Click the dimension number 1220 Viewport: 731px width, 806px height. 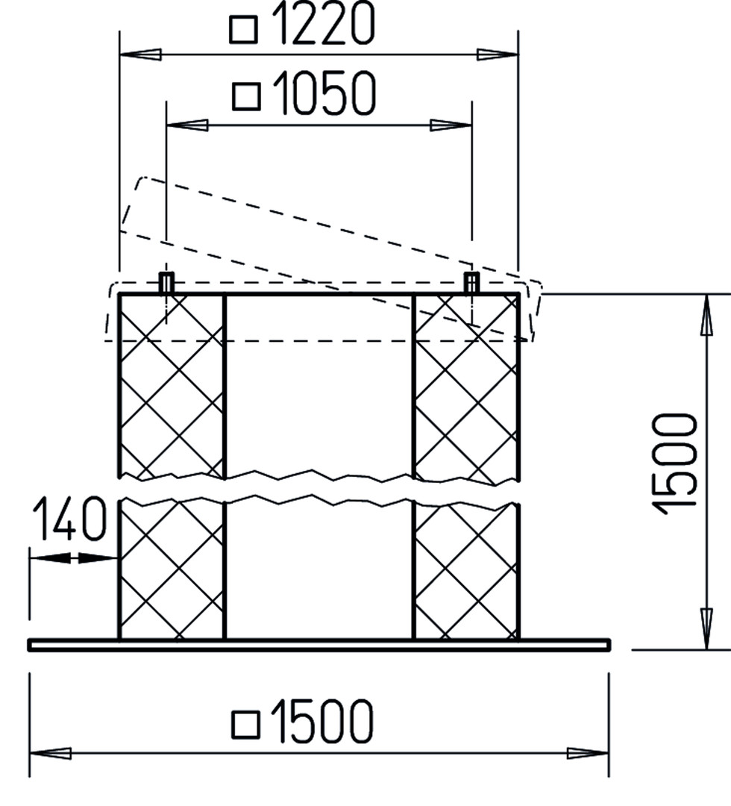(x=322, y=22)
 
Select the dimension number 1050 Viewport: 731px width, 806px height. (x=324, y=93)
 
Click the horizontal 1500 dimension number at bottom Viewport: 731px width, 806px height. (x=321, y=721)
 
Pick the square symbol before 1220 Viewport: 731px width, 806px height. (x=243, y=30)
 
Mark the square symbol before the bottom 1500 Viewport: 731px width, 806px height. (x=245, y=725)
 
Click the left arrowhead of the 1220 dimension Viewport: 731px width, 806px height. (x=140, y=54)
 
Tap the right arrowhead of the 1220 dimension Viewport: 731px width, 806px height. (x=498, y=54)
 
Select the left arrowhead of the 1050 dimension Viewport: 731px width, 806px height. (x=187, y=125)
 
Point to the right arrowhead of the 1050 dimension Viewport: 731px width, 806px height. (x=451, y=125)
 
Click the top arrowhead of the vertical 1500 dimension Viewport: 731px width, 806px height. (x=707, y=315)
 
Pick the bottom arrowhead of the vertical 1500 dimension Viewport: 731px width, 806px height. (x=707, y=628)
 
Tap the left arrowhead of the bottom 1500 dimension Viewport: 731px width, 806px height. (x=50, y=754)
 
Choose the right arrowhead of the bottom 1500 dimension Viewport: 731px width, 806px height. (x=588, y=754)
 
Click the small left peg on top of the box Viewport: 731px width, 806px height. (x=166, y=284)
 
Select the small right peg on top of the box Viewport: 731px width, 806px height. (x=472, y=284)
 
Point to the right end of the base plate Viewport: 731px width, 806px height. (x=609, y=645)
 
